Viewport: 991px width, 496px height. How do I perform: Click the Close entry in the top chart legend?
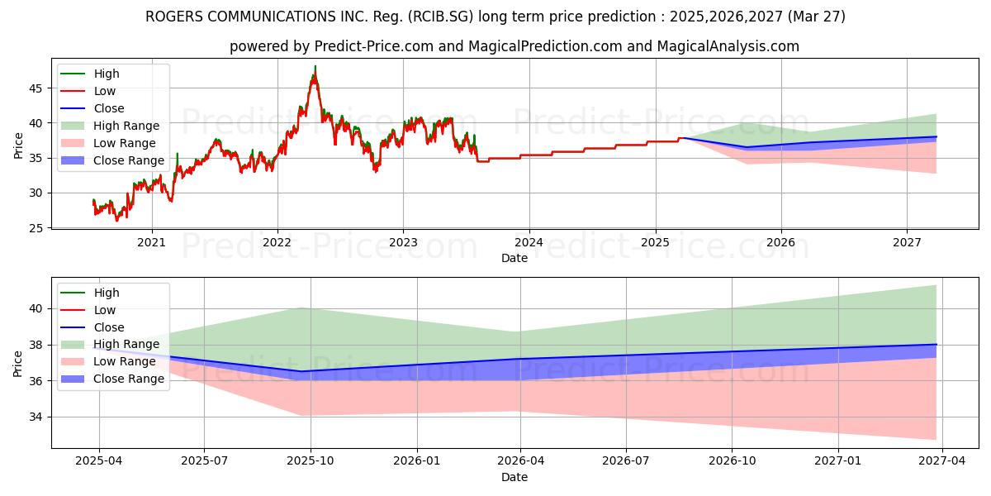pos(108,108)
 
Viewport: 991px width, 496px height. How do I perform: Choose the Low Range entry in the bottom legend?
pos(124,361)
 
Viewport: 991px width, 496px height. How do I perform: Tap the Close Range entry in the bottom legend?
pos(128,379)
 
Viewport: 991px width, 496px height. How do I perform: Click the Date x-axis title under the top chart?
pos(514,258)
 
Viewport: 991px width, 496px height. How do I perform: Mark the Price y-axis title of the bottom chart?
pos(18,363)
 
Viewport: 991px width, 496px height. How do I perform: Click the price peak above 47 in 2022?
pos(315,67)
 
